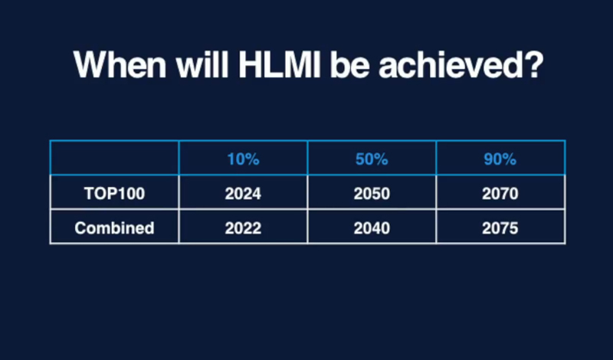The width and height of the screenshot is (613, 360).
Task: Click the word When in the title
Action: click(120, 64)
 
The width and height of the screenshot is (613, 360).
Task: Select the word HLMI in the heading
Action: click(279, 64)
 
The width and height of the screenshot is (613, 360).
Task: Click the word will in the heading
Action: click(202, 64)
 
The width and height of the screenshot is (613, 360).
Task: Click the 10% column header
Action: click(243, 159)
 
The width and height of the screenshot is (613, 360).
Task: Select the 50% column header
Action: click(372, 159)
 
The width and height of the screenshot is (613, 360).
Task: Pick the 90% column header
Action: click(500, 159)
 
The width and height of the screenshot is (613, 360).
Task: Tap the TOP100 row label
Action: click(114, 194)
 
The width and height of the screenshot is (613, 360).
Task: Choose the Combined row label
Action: click(114, 228)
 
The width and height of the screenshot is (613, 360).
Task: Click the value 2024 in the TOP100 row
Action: click(243, 194)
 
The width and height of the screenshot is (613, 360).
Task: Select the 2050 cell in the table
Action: click(372, 194)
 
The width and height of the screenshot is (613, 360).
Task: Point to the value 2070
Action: click(500, 194)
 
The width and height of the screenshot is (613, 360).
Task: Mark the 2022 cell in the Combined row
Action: click(243, 228)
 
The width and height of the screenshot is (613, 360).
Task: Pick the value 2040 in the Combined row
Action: click(372, 228)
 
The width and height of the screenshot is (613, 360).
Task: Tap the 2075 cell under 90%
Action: click(500, 228)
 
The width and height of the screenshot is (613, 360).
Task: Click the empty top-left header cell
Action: click(114, 158)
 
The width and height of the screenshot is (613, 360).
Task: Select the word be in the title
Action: click(349, 64)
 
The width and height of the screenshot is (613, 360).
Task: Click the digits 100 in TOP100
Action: click(131, 194)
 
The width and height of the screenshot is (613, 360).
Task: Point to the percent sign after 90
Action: click(510, 159)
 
